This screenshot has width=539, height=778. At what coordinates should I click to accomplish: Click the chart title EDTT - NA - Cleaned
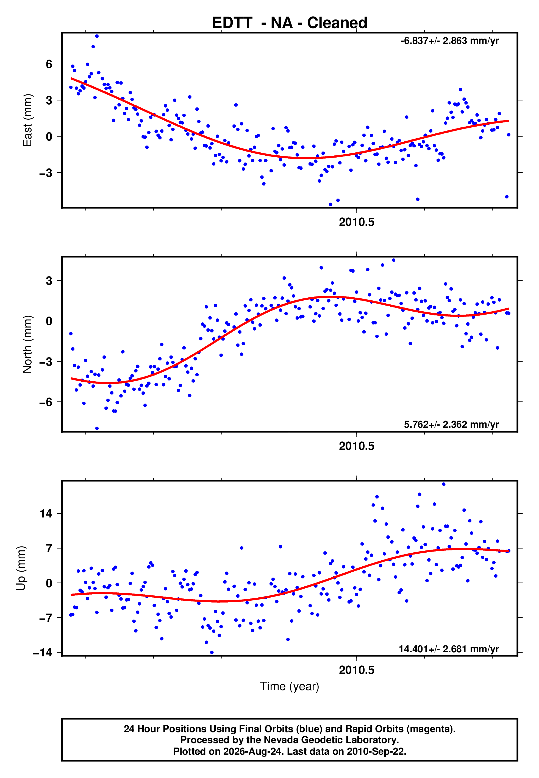290,23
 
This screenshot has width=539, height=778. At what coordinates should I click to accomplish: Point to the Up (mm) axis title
21,568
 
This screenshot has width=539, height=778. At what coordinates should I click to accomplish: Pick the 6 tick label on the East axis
49,64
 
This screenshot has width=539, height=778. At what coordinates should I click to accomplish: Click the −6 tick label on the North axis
46,402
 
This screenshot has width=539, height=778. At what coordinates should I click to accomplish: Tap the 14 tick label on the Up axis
46,514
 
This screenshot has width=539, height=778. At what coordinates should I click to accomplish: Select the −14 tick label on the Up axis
43,653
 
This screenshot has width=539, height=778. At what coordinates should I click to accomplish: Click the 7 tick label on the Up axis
49,548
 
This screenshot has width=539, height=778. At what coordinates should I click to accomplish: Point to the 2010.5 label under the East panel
357,222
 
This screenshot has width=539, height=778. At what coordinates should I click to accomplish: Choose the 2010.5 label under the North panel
357,446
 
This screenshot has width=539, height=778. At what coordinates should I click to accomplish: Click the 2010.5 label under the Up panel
357,670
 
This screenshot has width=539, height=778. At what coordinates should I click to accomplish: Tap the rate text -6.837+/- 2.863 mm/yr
449,41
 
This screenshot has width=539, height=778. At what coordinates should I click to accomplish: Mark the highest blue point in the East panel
97,36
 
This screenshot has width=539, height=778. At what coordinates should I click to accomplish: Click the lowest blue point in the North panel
97,429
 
